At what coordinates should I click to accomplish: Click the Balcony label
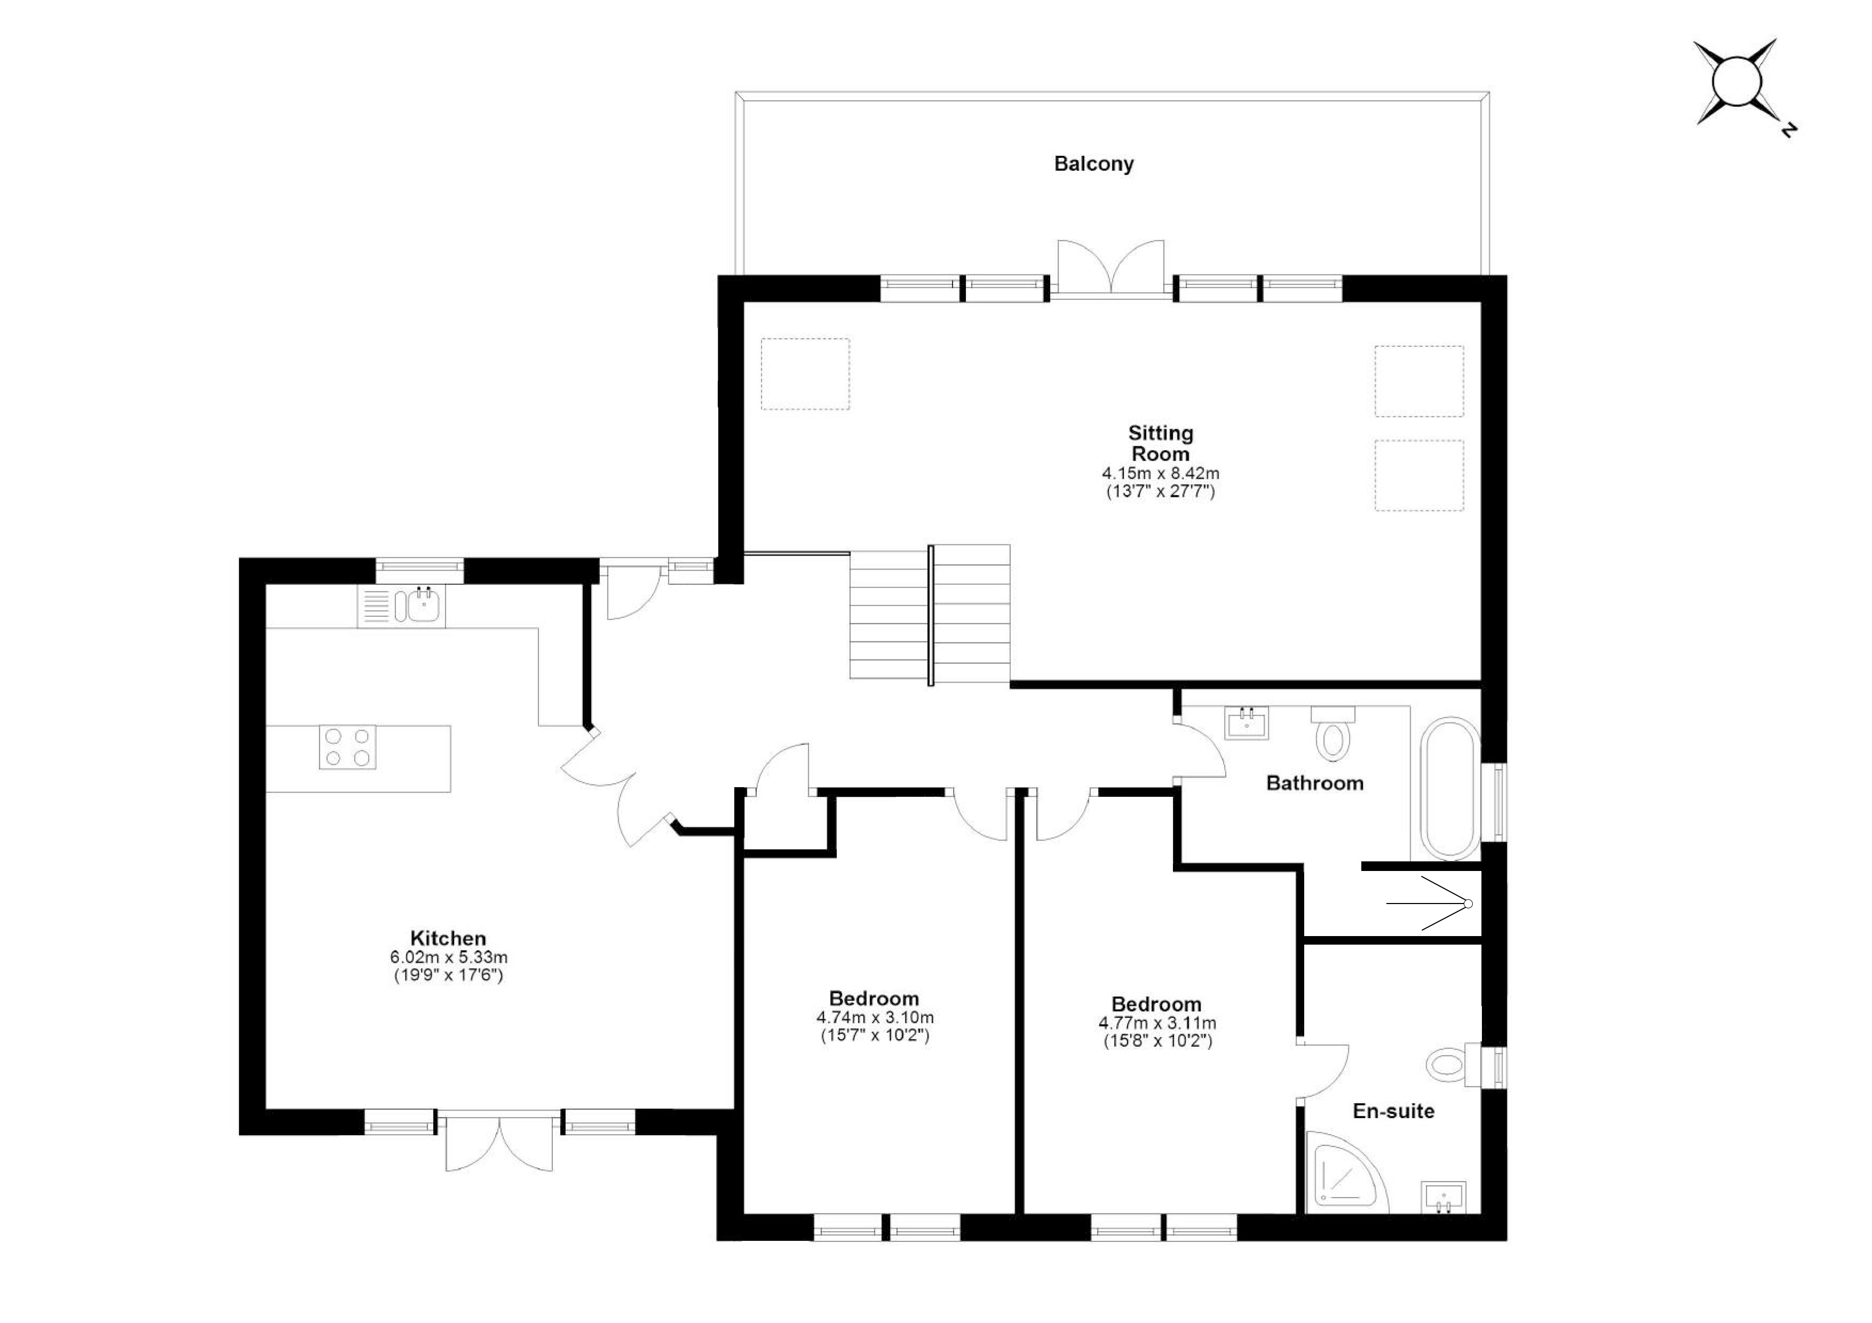point(1093,164)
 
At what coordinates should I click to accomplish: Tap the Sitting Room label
point(1160,443)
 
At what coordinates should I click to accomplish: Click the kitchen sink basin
point(424,606)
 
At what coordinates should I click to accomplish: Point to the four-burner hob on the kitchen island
point(348,747)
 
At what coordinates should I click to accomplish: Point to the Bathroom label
point(1314,783)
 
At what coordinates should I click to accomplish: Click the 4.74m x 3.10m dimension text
point(875,1017)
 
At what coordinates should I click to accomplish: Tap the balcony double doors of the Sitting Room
point(1111,269)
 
